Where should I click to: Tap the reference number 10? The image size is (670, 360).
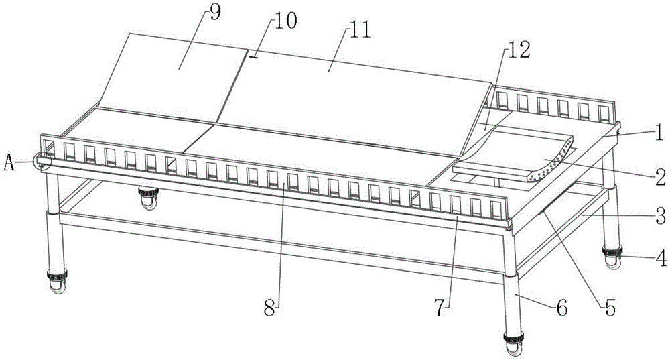click(x=285, y=23)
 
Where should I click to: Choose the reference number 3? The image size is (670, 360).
click(x=660, y=216)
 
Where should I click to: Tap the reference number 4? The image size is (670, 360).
click(x=660, y=256)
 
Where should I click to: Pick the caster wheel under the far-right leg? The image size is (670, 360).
click(x=612, y=257)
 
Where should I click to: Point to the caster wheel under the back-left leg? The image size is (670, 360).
click(x=147, y=197)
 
